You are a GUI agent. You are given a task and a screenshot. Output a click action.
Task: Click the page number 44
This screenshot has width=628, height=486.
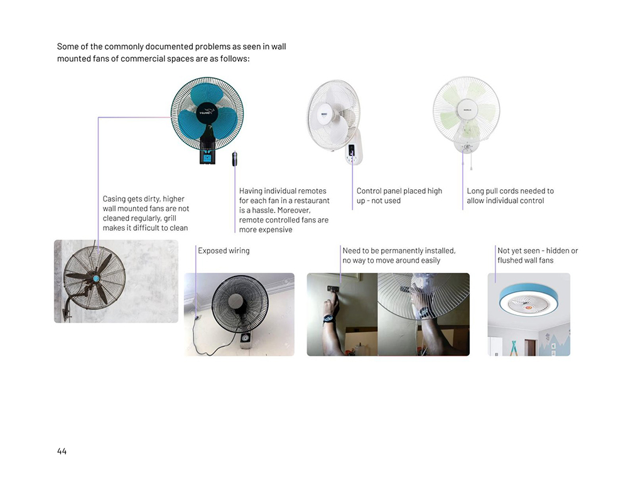point(62,451)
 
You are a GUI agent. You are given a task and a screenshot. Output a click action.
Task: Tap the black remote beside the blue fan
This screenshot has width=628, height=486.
point(235,159)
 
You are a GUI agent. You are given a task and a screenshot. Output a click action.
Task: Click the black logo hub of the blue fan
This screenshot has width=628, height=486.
point(207,113)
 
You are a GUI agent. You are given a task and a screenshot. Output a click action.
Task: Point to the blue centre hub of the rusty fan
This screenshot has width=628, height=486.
point(95,279)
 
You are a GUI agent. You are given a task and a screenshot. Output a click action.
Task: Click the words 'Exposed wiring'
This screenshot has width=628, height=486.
point(224,251)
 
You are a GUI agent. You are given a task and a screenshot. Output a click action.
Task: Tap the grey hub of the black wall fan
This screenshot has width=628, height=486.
point(236,302)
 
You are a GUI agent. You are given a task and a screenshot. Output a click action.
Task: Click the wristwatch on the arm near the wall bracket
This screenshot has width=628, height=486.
point(329,319)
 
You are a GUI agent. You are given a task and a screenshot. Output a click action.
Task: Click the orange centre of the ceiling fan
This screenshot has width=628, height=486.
point(529,307)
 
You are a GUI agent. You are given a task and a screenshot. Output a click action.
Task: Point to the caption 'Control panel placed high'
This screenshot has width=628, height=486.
point(399,191)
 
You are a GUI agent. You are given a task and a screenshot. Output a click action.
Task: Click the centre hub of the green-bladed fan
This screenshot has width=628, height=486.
point(467,109)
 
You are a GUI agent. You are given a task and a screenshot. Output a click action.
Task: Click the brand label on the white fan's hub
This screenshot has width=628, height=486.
point(324,114)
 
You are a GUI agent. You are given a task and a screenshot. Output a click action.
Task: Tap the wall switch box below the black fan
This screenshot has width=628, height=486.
point(245,340)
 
